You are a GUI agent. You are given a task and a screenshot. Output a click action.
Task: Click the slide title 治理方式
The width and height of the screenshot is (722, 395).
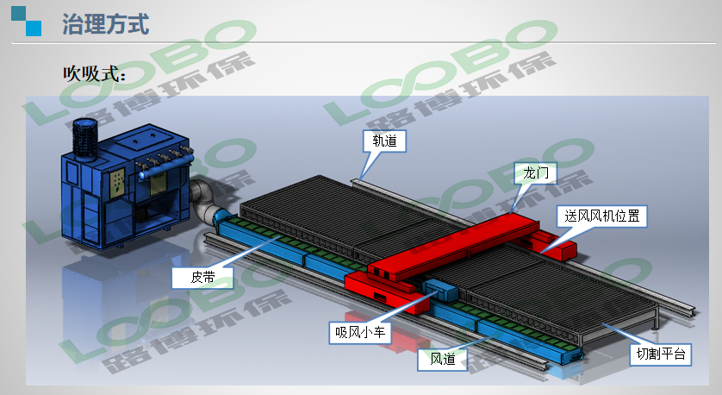click(106, 24)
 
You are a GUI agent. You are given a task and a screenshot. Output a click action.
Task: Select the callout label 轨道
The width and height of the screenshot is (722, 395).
click(384, 141)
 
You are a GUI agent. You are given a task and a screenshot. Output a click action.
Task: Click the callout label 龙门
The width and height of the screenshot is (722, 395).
click(536, 173)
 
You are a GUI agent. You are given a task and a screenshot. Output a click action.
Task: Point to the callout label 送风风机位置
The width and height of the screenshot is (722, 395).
click(602, 216)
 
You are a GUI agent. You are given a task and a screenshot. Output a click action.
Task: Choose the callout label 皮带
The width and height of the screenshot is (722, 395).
click(202, 278)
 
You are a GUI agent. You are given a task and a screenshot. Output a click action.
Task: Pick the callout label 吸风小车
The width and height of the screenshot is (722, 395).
click(360, 332)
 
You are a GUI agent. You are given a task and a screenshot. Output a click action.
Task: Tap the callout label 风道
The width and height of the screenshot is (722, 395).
click(443, 359)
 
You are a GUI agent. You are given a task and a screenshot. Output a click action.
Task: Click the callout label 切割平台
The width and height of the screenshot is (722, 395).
click(661, 354)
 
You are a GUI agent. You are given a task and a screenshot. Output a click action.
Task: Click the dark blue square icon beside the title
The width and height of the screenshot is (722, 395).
click(19, 13)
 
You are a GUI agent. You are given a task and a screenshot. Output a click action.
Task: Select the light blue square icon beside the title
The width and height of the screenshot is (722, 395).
click(34, 28)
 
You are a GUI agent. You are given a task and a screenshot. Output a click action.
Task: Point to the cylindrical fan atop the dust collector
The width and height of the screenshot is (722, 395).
click(85, 137)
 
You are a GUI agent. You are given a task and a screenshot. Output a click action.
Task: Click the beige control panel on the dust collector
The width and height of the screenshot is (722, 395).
click(117, 183)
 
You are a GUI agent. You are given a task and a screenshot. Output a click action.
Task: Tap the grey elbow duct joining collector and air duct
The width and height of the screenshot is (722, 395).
click(204, 202)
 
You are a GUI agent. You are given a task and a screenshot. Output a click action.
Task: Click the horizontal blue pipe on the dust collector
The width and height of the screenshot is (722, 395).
click(165, 168)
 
